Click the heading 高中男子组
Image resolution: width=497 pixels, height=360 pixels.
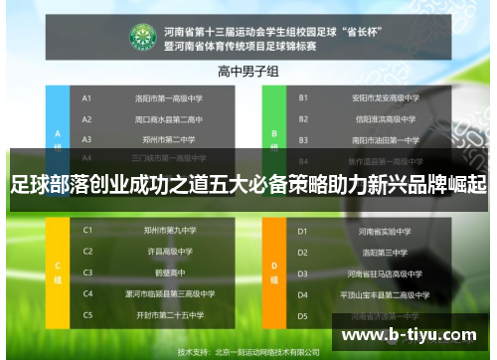248,72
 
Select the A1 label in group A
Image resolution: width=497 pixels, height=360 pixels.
86,98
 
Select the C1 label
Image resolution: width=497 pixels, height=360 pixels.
87,231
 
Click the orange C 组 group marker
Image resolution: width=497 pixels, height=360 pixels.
59,270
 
